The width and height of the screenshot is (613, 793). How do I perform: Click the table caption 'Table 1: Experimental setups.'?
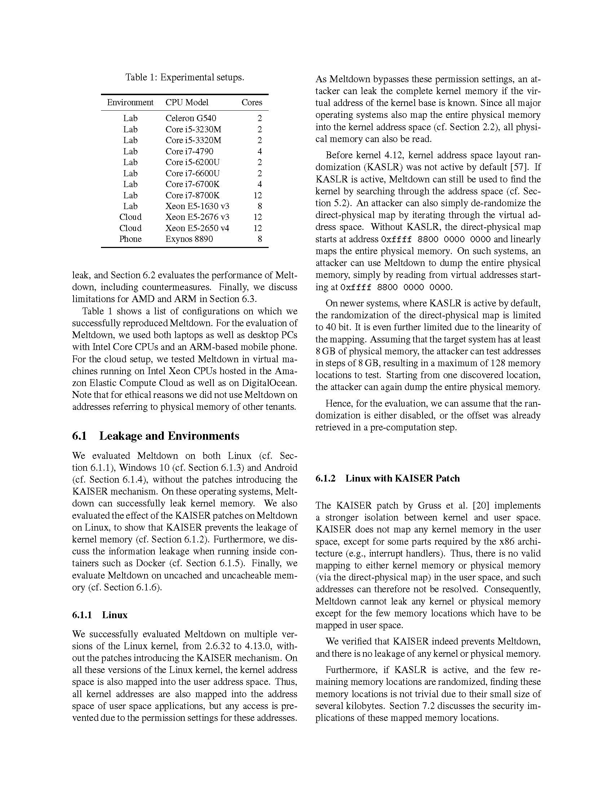pyautogui.click(x=185, y=77)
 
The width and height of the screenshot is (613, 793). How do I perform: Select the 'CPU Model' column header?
pyautogui.click(x=187, y=102)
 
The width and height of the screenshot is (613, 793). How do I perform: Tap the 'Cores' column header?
pyautogui.click(x=252, y=102)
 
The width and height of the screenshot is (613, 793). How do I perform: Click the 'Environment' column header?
pyautogui.click(x=130, y=102)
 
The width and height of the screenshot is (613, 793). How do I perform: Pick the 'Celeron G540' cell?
pyautogui.click(x=191, y=118)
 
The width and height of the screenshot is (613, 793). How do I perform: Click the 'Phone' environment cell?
pyautogui.click(x=131, y=239)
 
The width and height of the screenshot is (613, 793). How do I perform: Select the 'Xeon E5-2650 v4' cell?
pyautogui.click(x=197, y=228)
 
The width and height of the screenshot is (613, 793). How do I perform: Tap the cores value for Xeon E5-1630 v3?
pyautogui.click(x=259, y=206)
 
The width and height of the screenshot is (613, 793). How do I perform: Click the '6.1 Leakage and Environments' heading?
pyautogui.click(x=156, y=436)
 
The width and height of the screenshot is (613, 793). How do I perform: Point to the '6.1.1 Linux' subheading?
pyautogui.click(x=100, y=615)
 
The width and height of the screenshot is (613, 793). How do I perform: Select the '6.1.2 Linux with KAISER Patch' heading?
pyautogui.click(x=388, y=478)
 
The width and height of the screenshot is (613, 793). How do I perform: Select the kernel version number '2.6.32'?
pyautogui.click(x=217, y=646)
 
